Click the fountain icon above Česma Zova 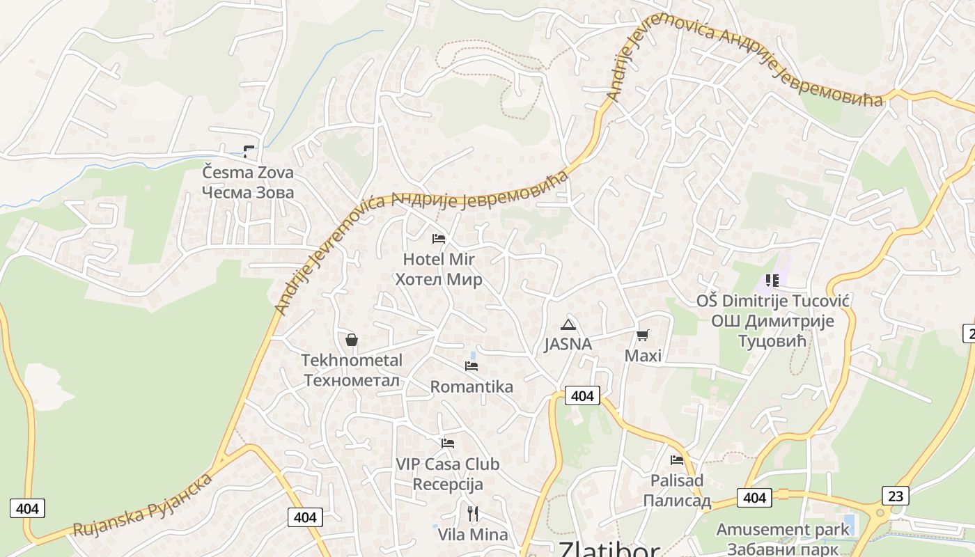[x=249, y=151]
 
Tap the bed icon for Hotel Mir [x=439, y=239]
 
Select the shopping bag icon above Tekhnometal [x=352, y=340]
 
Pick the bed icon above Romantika [x=471, y=366]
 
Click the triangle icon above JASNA [x=568, y=324]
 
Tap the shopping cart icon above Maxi [x=642, y=336]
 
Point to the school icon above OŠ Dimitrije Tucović [x=772, y=281]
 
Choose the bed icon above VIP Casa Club [x=448, y=443]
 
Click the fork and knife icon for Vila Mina [x=473, y=514]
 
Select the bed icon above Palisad [x=677, y=460]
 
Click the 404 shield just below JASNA [x=582, y=396]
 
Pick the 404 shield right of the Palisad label [x=754, y=498]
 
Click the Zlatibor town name [x=609, y=549]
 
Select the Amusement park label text [x=783, y=529]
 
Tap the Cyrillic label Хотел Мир [x=439, y=280]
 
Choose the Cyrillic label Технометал [x=352, y=380]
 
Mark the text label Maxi [x=642, y=356]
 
